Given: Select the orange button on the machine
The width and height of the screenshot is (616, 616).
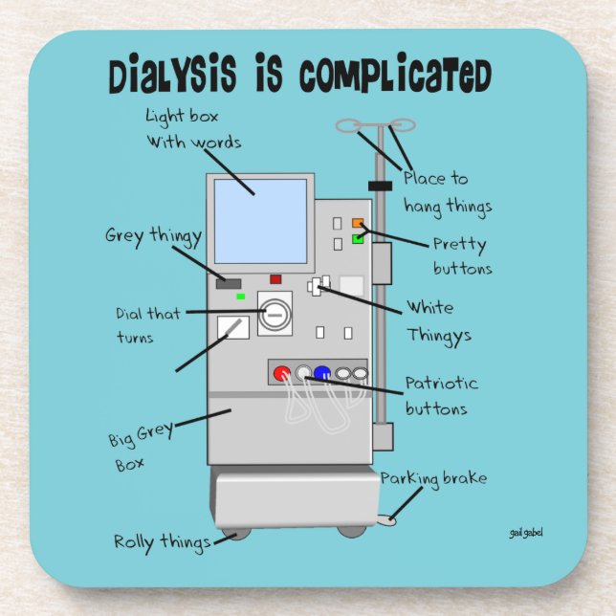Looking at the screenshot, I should tap(359, 224).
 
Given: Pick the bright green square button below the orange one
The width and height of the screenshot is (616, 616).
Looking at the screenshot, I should tap(359, 238).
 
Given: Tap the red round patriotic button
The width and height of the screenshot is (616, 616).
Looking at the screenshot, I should tap(282, 374).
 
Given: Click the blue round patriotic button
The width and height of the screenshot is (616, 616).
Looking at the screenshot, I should tap(321, 374).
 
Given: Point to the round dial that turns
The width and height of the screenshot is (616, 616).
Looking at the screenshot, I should tap(275, 315).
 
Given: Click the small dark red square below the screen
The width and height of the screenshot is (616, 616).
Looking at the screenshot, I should tap(275, 279).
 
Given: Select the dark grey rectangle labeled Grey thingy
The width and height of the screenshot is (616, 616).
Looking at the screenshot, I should tap(229, 283).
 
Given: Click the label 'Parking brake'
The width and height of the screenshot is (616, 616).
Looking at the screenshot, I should tap(433, 477).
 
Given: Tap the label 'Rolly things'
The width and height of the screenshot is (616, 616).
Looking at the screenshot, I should tap(162, 542).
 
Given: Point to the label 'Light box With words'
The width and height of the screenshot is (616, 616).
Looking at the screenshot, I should tap(192, 129).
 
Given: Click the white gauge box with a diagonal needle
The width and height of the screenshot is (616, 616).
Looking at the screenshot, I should tap(232, 328).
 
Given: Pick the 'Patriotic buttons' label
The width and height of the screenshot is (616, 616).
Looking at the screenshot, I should tap(440, 395).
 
